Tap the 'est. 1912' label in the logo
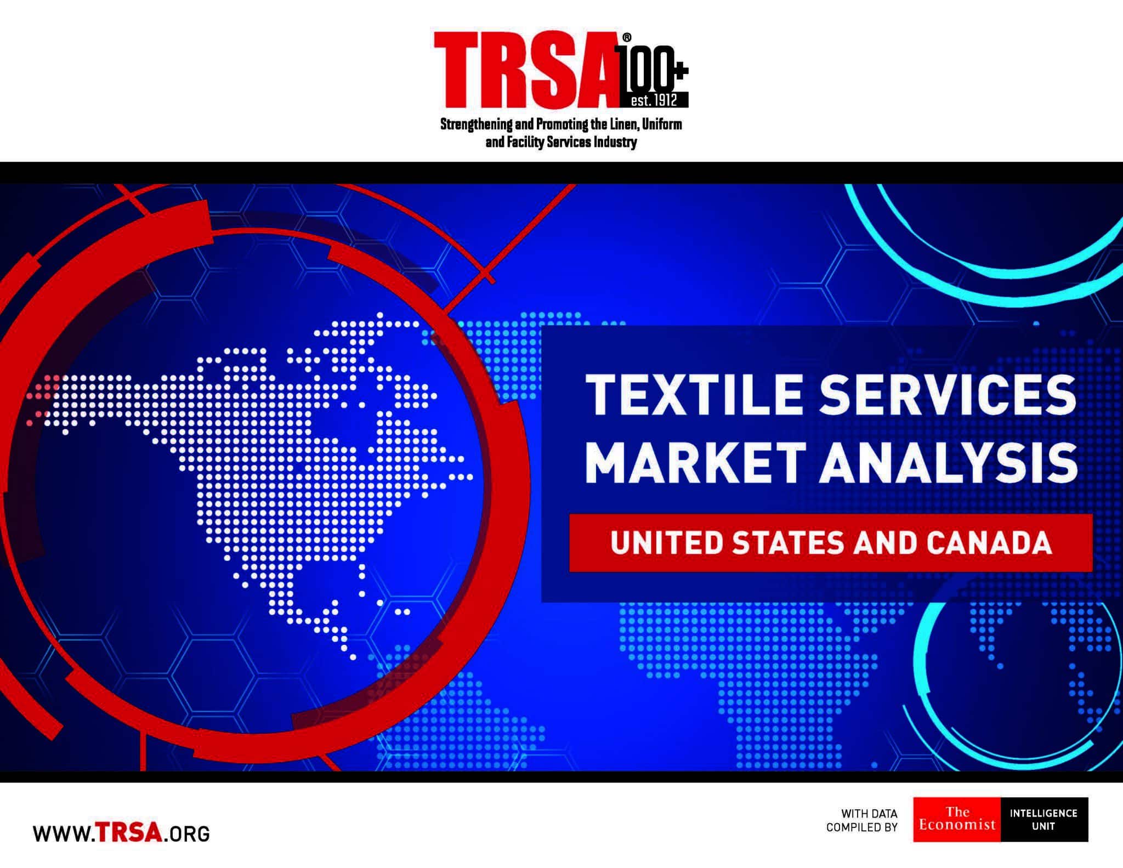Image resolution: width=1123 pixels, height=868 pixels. pos(654,101)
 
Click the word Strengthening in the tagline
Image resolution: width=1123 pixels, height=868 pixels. pos(477,124)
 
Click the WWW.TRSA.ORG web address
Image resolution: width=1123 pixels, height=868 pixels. pos(121,833)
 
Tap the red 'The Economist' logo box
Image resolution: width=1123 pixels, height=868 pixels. pos(957,819)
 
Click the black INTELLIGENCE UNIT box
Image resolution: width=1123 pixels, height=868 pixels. pos(1044,819)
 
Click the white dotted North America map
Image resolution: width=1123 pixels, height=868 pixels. pos(285,472)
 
